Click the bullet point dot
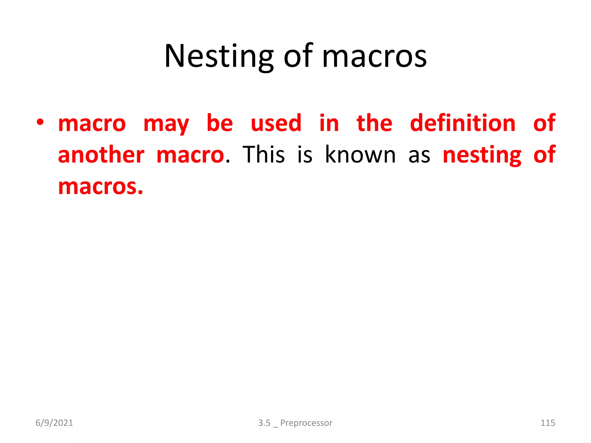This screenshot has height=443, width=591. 40,122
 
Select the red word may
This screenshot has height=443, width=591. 166,124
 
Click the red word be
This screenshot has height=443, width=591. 220,123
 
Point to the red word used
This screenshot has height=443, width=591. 276,123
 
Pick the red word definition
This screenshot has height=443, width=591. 463,123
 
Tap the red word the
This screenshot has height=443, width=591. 374,123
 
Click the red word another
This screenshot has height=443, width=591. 101,155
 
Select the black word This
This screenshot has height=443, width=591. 263,155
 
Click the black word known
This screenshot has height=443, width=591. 360,155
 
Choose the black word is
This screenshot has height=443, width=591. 305,155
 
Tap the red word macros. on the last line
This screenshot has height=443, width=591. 100,187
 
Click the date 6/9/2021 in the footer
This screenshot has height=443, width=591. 54,423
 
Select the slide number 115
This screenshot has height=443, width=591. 547,423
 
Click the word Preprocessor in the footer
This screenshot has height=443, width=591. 306,423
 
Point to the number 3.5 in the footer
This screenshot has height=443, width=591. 264,423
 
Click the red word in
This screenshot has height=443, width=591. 329,123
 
